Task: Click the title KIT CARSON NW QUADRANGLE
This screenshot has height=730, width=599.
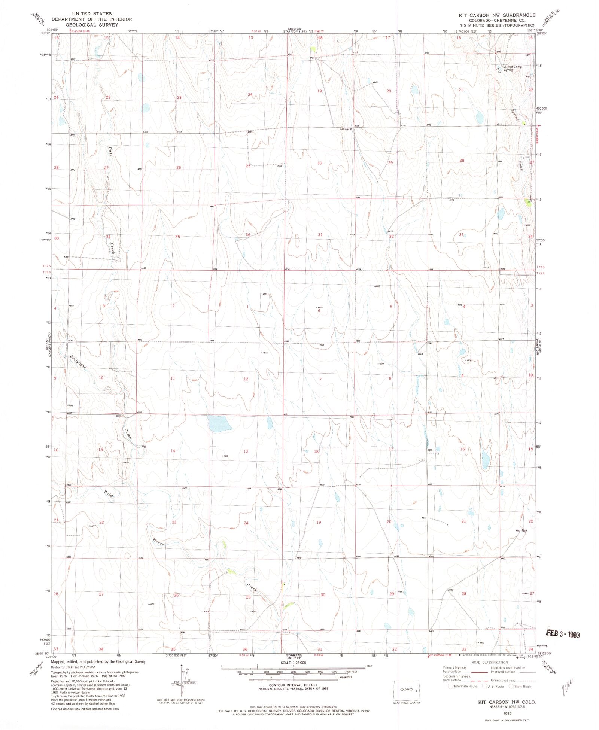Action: pos(497,15)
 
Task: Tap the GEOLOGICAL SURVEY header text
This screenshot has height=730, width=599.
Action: pos(92,25)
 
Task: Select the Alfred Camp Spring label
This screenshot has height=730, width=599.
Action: pos(513,68)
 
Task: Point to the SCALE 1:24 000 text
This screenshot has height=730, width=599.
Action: pos(293,663)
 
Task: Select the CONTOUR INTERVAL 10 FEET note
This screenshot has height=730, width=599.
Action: pos(293,685)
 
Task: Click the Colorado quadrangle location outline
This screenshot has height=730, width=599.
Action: pos(407,691)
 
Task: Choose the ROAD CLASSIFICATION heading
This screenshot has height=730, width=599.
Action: pos(489,663)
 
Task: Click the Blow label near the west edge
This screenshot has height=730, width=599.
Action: pos(70,405)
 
